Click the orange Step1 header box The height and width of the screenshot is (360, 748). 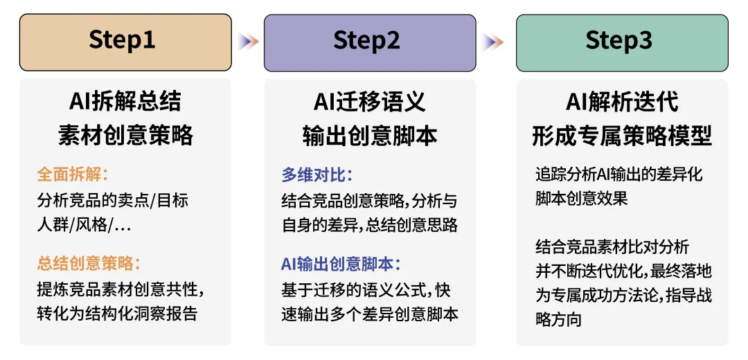coord(125,42)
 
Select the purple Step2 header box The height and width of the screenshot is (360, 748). coord(370,42)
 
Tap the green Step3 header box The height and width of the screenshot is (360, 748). coord(622,42)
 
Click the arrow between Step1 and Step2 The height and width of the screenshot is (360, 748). coord(249,42)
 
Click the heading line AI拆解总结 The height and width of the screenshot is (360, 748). coord(125,102)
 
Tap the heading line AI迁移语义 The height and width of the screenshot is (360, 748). coord(370,102)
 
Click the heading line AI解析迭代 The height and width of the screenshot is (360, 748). coord(622,102)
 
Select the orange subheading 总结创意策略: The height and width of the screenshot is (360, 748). coord(89,264)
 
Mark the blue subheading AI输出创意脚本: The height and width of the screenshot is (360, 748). coord(341,264)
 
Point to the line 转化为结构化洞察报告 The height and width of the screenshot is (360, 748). coord(117,314)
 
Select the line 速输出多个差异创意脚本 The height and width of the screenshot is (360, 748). coord(370,314)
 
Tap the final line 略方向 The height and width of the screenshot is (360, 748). coord(558,320)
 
